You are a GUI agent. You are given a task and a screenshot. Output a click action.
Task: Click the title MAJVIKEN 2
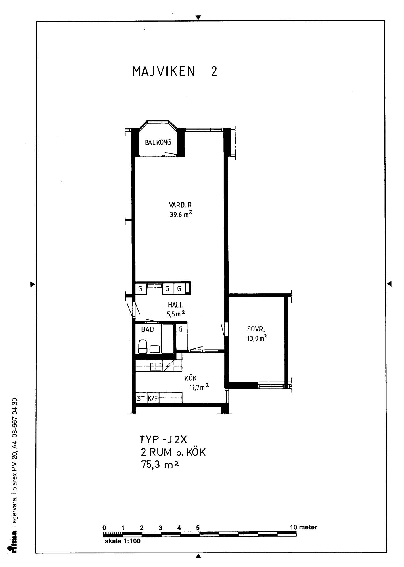175,71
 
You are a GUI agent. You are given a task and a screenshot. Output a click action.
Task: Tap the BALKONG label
158,142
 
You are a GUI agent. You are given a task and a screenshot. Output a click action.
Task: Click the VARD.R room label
180,205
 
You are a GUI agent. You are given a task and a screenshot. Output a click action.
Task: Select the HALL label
175,305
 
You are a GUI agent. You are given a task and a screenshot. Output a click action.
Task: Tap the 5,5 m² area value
176,314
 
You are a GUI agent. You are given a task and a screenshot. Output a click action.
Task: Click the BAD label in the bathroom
147,329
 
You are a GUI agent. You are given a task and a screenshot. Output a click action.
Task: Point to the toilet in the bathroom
143,347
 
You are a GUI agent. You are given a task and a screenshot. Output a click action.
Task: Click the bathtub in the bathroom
167,339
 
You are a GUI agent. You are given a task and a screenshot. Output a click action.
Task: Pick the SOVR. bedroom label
256,329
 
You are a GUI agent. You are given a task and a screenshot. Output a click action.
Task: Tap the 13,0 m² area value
257,338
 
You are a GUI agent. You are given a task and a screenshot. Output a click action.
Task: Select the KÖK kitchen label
191,378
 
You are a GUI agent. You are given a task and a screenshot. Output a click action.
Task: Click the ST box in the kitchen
141,398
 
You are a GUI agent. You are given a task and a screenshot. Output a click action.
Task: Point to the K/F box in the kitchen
152,398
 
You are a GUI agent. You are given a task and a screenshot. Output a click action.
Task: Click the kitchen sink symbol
156,366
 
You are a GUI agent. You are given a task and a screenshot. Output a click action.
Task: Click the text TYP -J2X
163,440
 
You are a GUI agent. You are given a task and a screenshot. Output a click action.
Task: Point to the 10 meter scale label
303,527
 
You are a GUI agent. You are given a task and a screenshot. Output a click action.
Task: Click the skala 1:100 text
123,541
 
